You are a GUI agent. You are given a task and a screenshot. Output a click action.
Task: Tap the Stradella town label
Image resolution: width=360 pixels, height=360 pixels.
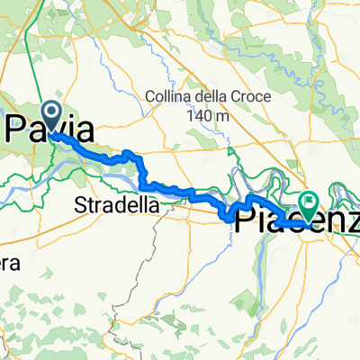coord(118,205)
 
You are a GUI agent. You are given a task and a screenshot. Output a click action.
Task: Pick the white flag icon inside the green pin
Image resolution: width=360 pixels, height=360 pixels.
coord(310,202)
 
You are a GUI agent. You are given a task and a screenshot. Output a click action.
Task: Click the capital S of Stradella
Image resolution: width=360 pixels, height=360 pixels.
coord(81,205)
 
